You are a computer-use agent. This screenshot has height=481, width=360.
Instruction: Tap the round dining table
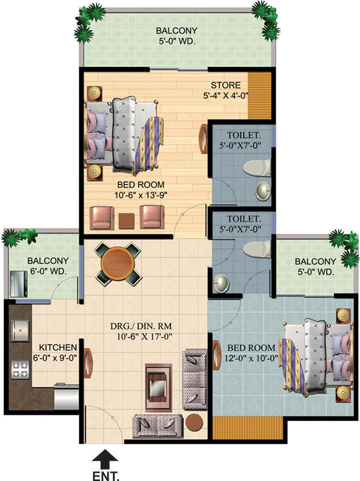coord(118,264)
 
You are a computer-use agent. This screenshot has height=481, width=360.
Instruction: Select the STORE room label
coord(226,85)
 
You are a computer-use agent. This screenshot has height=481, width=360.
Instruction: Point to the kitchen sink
coord(21,331)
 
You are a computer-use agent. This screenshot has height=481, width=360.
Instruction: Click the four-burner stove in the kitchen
coord(21,369)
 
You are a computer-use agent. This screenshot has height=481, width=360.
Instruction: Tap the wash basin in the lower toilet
coord(221,283)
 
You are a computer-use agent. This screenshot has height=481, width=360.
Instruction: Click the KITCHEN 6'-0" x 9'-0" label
coord(57,353)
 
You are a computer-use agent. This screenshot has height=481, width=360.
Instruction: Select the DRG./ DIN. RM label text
coord(141,325)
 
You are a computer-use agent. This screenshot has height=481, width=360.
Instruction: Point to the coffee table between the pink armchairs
coord(127,221)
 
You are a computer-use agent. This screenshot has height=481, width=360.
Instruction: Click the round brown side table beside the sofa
coord(194,423)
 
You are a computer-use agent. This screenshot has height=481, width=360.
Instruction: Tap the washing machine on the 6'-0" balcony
coord(19,284)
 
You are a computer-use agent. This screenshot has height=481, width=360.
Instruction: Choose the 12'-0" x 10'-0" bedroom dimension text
coord(251,357)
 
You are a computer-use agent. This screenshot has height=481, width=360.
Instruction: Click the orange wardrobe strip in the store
coord(259,95)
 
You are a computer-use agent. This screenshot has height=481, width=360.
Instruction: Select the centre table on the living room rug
coord(159,386)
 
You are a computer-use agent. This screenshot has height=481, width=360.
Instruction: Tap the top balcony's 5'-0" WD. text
coord(177,41)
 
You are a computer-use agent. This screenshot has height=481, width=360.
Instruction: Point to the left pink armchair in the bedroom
coord(101,218)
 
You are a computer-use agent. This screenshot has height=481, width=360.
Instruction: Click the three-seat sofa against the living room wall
coord(195,379)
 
